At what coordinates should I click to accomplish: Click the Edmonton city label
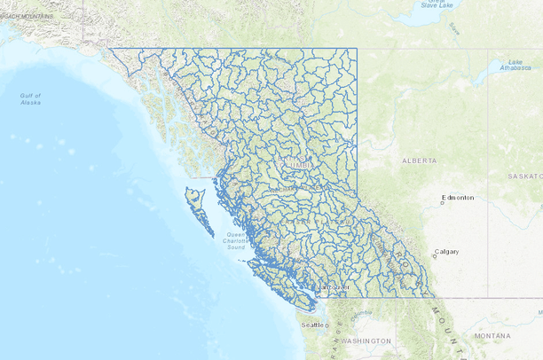pyautogui.click(x=459, y=198)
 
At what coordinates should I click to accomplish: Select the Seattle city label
pyautogui.click(x=312, y=325)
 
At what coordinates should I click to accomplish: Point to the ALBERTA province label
pyautogui.click(x=419, y=161)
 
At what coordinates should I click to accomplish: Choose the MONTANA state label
pyautogui.click(x=492, y=336)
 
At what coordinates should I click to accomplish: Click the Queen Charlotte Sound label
pyautogui.click(x=235, y=241)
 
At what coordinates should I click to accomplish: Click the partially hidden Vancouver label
pyautogui.click(x=334, y=288)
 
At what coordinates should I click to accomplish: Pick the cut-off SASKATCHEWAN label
pyautogui.click(x=523, y=176)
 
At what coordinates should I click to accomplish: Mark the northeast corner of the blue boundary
pyautogui.click(x=357, y=49)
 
